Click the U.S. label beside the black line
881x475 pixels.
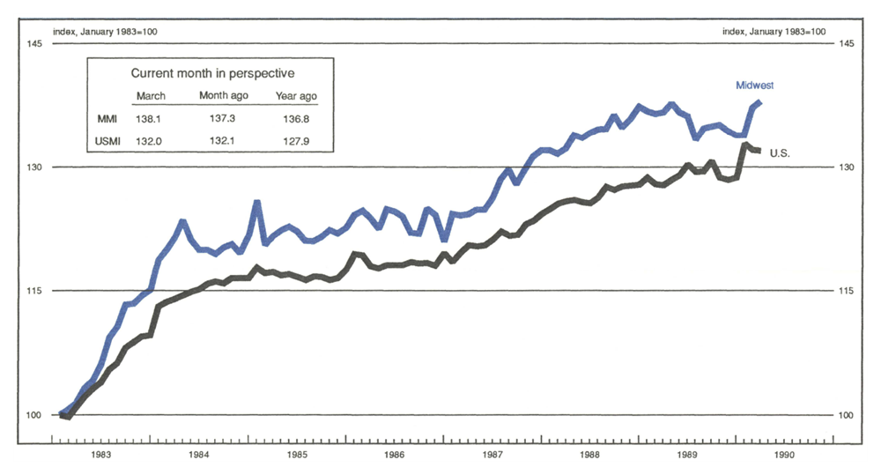[x=780, y=153]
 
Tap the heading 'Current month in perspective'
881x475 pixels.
[x=212, y=73]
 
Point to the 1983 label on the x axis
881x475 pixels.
[x=100, y=456]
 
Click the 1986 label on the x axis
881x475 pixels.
[x=394, y=456]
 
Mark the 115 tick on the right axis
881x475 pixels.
[x=845, y=291]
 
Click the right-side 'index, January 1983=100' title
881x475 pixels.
[x=774, y=32]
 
